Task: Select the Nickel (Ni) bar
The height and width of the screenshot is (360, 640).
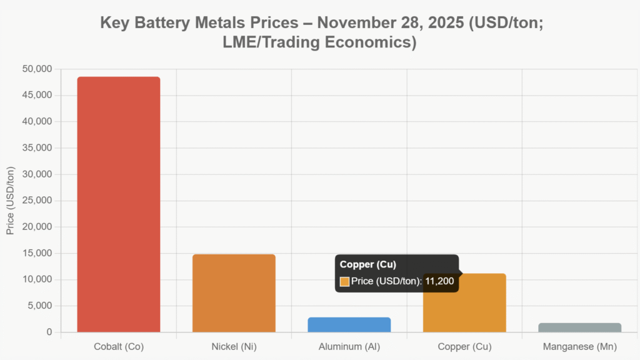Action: pyautogui.click(x=234, y=293)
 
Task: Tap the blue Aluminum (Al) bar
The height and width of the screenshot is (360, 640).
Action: pyautogui.click(x=349, y=324)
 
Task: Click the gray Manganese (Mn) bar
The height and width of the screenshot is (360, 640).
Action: pyautogui.click(x=579, y=327)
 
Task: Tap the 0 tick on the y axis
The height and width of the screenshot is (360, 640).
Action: pyautogui.click(x=49, y=332)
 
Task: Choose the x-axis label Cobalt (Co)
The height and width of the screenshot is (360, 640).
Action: pyautogui.click(x=119, y=346)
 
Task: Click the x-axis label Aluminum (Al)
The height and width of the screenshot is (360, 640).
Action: pyautogui.click(x=349, y=346)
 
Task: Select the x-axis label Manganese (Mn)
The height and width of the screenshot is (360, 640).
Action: pyautogui.click(x=579, y=346)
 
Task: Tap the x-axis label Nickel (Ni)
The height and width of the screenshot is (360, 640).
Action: pyautogui.click(x=234, y=346)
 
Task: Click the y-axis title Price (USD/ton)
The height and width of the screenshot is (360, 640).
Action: pyautogui.click(x=10, y=201)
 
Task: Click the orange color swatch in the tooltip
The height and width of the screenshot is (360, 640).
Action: pyautogui.click(x=344, y=282)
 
